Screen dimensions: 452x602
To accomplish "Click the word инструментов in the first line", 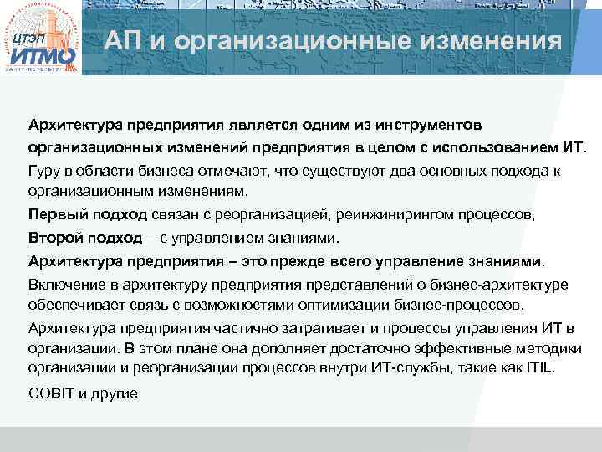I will [x=423, y=126].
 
